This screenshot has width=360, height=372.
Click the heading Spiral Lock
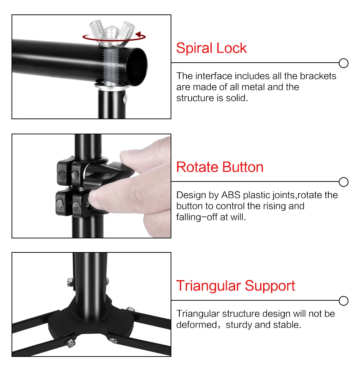click(211, 48)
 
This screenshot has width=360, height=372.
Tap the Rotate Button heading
click(220, 167)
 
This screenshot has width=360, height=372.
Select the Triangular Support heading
click(235, 286)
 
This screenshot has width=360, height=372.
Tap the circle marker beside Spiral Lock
click(344, 63)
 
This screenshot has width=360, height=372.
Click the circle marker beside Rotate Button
click(344, 182)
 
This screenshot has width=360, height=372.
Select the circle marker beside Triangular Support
click(344, 301)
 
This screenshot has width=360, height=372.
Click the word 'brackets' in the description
click(318, 76)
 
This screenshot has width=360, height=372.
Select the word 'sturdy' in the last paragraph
click(239, 325)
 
